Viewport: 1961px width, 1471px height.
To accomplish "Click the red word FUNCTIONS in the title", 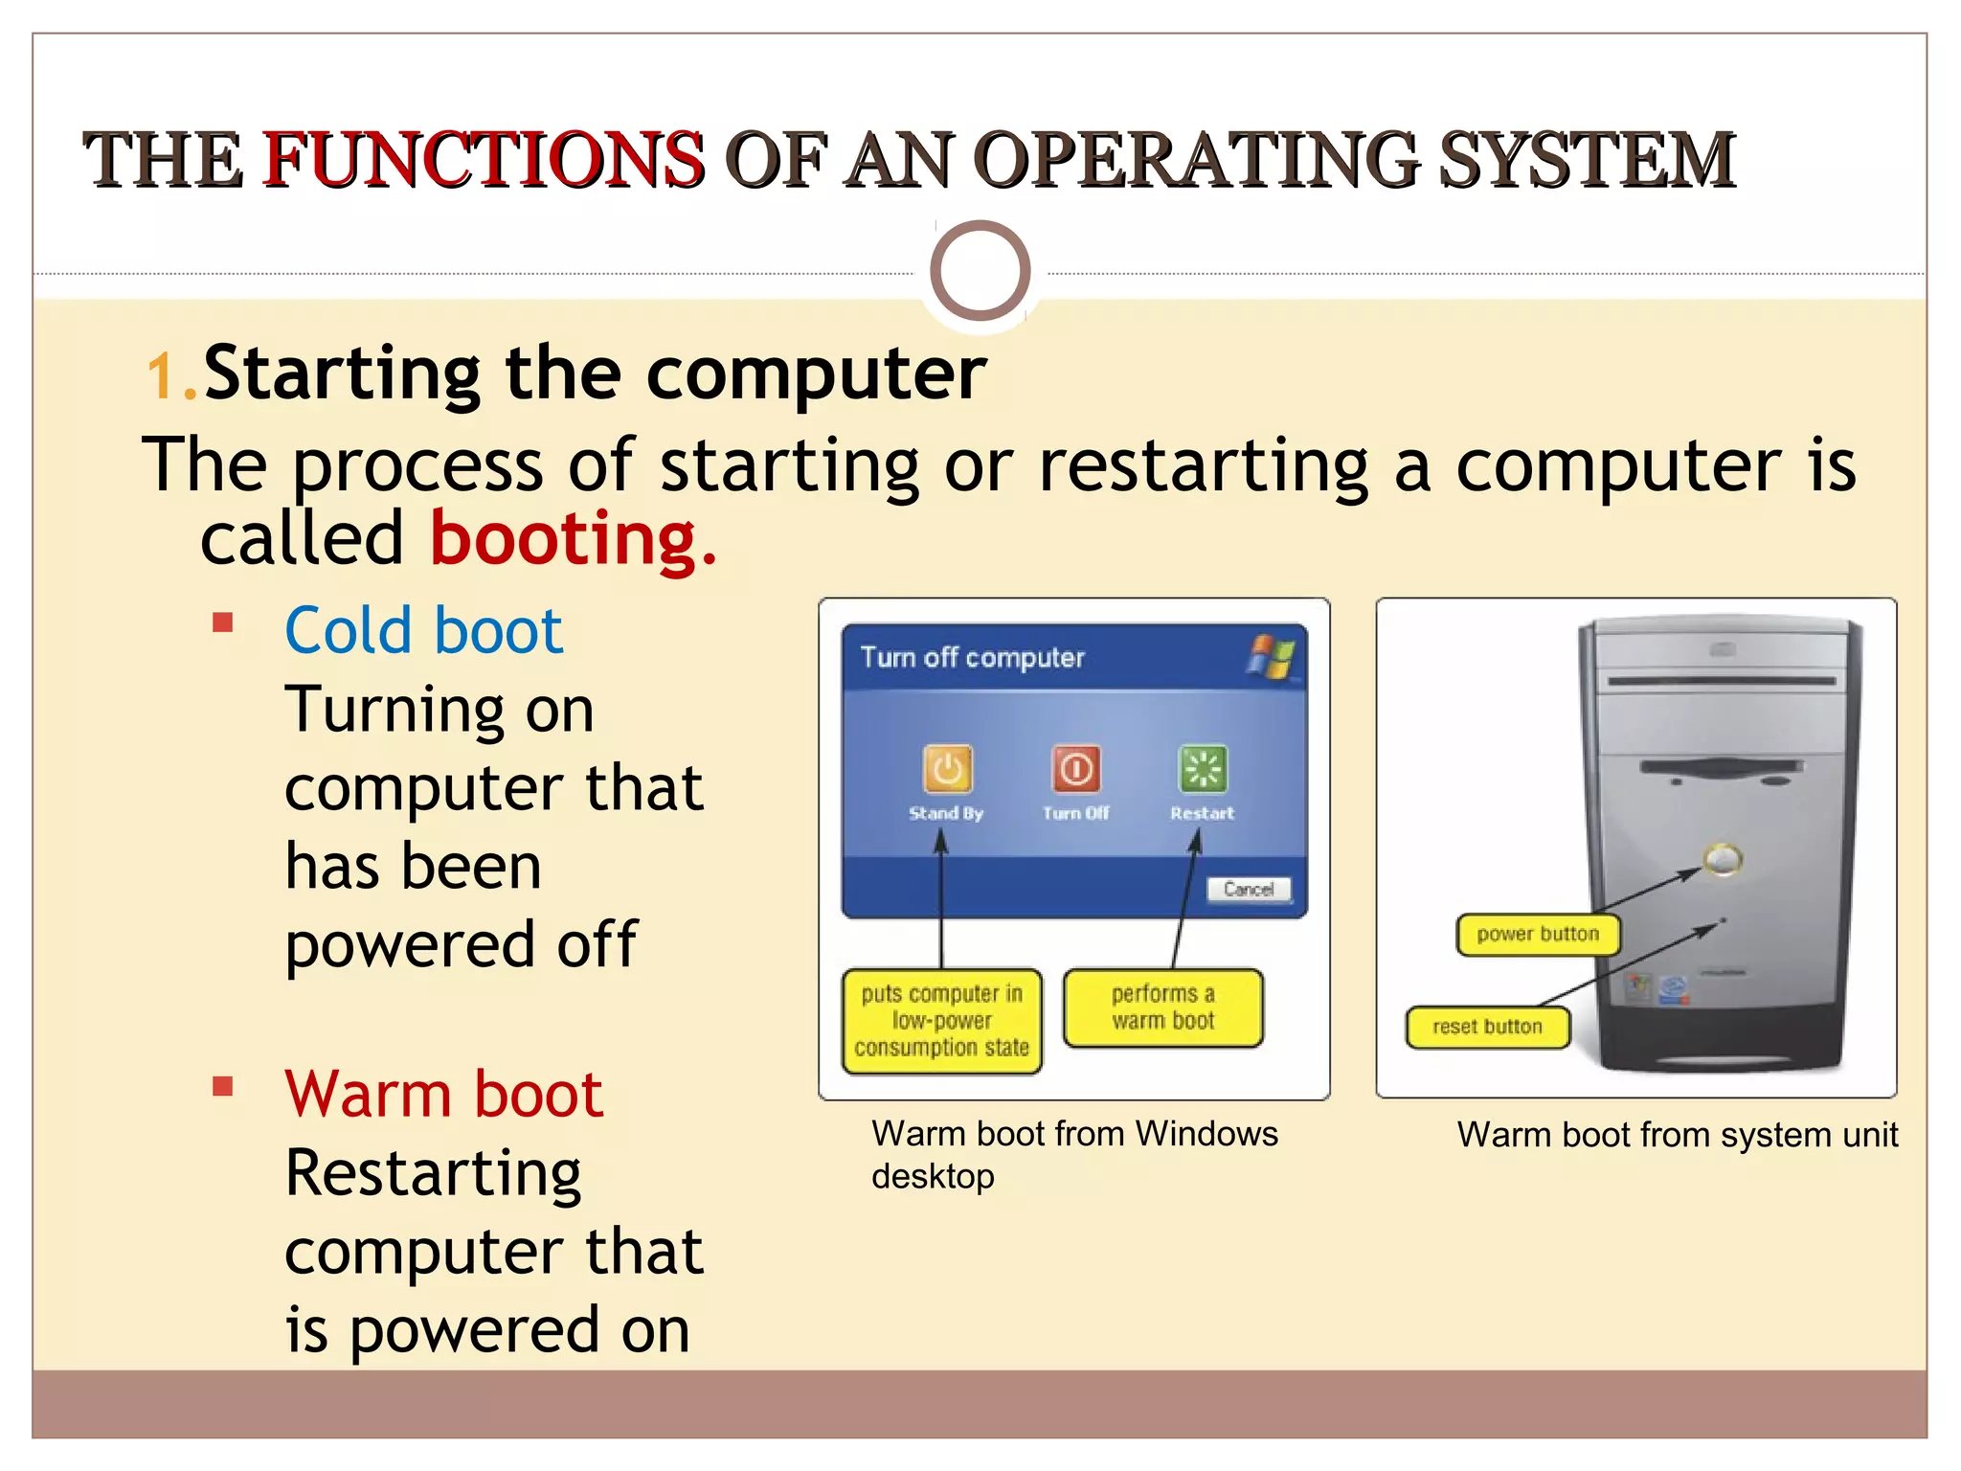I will (x=484, y=159).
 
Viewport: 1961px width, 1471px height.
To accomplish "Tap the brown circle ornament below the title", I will (x=980, y=271).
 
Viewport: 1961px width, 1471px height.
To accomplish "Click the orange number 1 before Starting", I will (x=161, y=375).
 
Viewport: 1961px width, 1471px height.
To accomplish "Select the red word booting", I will (x=572, y=538).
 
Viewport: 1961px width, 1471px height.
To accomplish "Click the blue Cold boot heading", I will (x=423, y=631).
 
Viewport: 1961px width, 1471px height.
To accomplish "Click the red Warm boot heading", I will (x=443, y=1094).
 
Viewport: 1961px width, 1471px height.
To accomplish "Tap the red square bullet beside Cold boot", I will (x=223, y=623).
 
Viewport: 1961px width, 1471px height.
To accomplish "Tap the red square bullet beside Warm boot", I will (x=223, y=1086).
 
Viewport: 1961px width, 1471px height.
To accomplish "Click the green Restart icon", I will (x=1202, y=769).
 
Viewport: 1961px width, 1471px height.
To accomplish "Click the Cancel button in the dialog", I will (x=1248, y=889).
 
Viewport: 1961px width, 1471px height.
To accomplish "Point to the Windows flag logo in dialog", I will (x=1271, y=657).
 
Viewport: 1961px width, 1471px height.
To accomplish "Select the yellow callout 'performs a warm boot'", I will (x=1162, y=1007).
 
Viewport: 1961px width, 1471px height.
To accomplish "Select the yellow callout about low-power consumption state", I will (x=941, y=1021).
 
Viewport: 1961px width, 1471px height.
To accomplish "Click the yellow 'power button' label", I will (x=1537, y=935).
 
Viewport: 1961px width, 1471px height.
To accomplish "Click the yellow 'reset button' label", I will (x=1487, y=1028).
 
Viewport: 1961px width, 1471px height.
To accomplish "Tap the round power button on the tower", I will (x=1722, y=859).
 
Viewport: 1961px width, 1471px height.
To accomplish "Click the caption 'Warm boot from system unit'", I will (x=1677, y=1135).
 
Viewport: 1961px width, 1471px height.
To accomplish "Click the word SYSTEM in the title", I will (x=1587, y=159).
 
